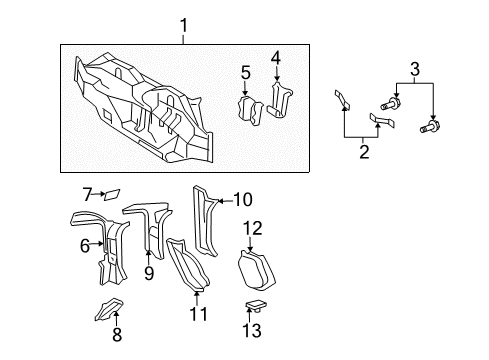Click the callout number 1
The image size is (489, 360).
pyautogui.click(x=183, y=24)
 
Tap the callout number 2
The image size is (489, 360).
pyautogui.click(x=364, y=151)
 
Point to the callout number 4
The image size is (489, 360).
pyautogui.click(x=276, y=57)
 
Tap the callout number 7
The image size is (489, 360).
pyautogui.click(x=87, y=192)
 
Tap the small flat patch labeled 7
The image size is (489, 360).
pyautogui.click(x=112, y=193)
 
